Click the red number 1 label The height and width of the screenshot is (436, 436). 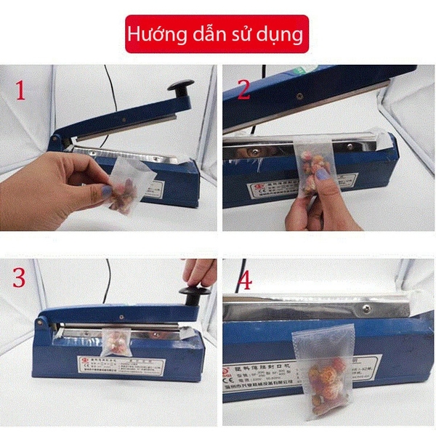point(20,90)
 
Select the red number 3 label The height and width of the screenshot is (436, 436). point(20,278)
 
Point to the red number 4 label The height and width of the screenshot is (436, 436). point(245,280)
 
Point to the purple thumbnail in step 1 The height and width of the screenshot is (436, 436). point(106,192)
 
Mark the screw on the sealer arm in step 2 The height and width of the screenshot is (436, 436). point(297,95)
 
